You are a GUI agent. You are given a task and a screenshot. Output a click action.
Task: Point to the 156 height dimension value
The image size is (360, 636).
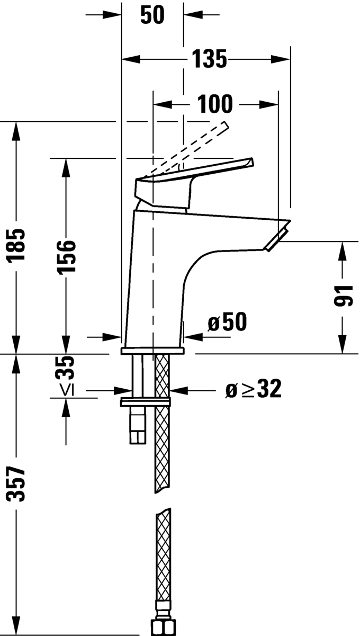click(x=66, y=256)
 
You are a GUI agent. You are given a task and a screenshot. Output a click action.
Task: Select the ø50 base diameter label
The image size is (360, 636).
click(x=227, y=323)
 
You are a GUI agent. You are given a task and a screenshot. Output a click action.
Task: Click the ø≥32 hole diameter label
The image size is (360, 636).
click(x=253, y=390)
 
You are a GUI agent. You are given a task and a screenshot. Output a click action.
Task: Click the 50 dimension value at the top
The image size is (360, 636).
click(x=152, y=15)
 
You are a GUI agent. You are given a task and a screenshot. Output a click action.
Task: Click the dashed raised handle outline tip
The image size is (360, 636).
click(x=224, y=126)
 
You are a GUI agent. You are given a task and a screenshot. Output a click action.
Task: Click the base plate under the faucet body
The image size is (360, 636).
click(x=152, y=351)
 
